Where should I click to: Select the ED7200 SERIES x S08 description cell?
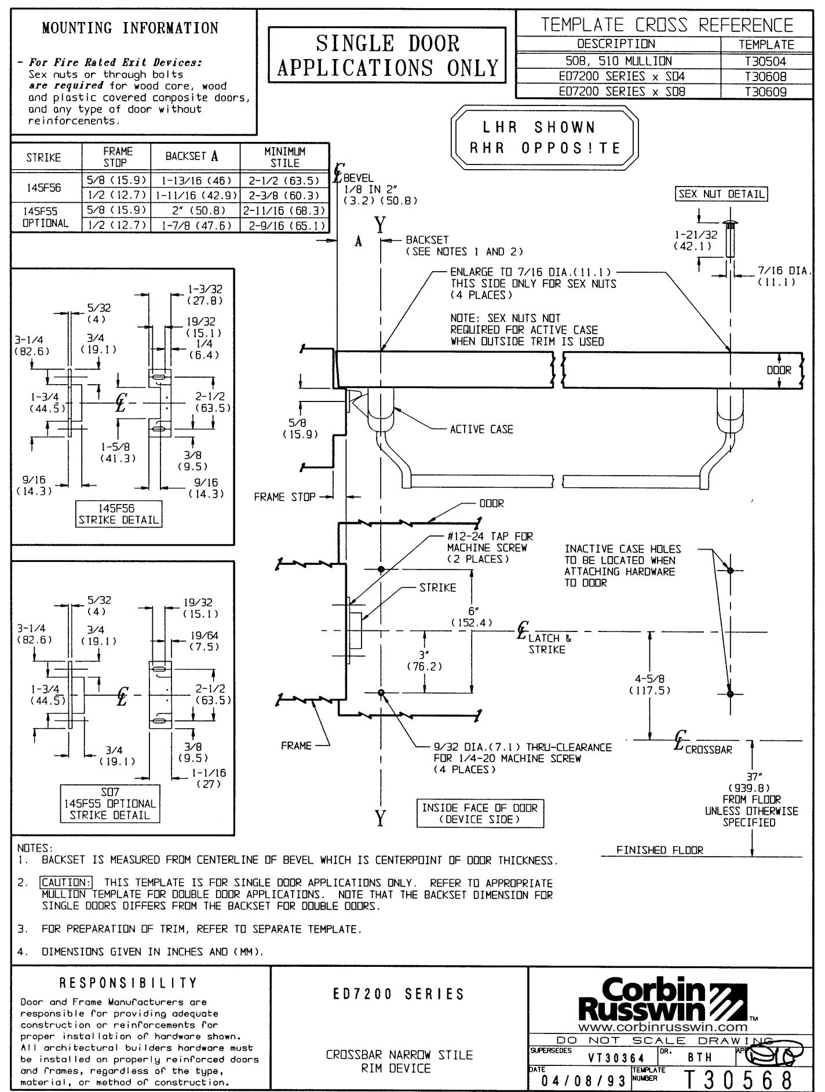click(618, 91)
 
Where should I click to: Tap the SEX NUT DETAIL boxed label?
click(721, 195)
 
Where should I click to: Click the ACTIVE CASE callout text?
click(481, 430)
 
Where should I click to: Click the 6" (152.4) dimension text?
click(472, 617)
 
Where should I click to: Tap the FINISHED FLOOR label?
click(660, 850)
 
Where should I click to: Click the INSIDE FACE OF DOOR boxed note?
click(480, 813)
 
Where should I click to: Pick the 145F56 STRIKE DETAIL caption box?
click(119, 514)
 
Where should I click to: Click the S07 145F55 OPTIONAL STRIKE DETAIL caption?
click(110, 804)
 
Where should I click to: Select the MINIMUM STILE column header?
click(285, 156)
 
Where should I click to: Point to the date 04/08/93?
click(579, 1081)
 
